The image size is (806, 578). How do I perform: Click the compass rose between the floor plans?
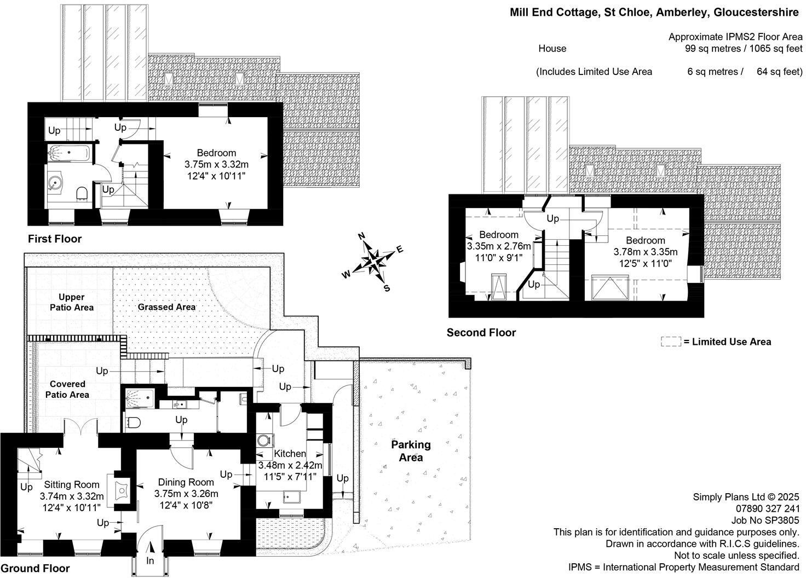tap(373, 261)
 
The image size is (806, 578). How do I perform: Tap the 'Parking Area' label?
tap(411, 450)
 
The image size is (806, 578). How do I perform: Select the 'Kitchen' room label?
tap(290, 453)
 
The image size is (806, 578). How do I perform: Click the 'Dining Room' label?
tap(186, 482)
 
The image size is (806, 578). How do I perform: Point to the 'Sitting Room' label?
tap(72, 484)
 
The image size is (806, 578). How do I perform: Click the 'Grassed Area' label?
tap(166, 307)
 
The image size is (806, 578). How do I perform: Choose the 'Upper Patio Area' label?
tap(71, 302)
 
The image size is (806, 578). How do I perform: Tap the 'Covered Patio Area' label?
tap(67, 389)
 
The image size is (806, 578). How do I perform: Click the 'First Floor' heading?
tap(55, 239)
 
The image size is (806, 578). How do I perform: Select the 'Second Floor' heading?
tap(481, 332)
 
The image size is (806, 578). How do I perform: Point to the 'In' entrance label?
tap(151, 560)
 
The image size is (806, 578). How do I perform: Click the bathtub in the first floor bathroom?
tap(68, 153)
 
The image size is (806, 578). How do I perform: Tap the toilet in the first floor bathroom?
tap(83, 193)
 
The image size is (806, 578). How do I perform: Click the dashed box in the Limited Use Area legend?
tap(670, 342)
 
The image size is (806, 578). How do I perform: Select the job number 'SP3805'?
tap(784, 521)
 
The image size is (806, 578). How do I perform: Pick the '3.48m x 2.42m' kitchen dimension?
tap(290, 465)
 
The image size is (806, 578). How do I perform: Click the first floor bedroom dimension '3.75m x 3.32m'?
tap(216, 164)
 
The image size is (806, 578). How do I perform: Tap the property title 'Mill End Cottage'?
tap(553, 13)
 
